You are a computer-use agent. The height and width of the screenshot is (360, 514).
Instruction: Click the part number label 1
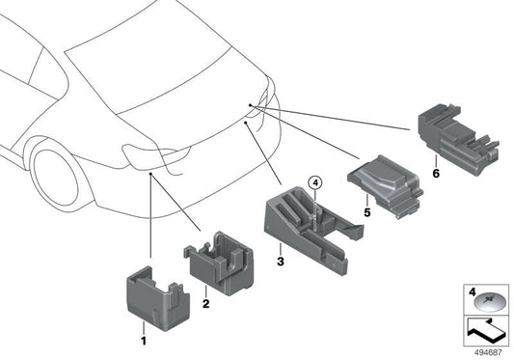point(144,342)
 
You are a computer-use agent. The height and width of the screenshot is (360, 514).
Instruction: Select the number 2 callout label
point(205,304)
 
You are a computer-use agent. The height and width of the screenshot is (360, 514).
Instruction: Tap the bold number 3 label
point(281,262)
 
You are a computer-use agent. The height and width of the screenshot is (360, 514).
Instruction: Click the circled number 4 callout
point(315,182)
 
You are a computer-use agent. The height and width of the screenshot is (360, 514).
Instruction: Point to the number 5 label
point(367,212)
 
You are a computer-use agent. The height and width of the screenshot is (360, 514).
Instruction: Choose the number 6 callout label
point(436,174)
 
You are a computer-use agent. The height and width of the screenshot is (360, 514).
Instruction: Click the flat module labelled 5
point(385,185)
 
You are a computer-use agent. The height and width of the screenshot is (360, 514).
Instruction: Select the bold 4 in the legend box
point(472,291)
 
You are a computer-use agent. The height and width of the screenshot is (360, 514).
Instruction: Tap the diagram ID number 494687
point(488,353)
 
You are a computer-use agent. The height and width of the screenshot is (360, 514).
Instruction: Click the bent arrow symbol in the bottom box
point(485,331)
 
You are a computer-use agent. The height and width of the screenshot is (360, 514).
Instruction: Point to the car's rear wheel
point(56,178)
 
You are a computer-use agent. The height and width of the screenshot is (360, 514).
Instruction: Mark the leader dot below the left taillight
point(150,174)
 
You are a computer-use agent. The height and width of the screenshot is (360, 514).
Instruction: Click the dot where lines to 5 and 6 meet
point(250,105)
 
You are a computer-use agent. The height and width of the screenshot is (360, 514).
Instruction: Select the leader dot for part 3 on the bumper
point(246,122)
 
